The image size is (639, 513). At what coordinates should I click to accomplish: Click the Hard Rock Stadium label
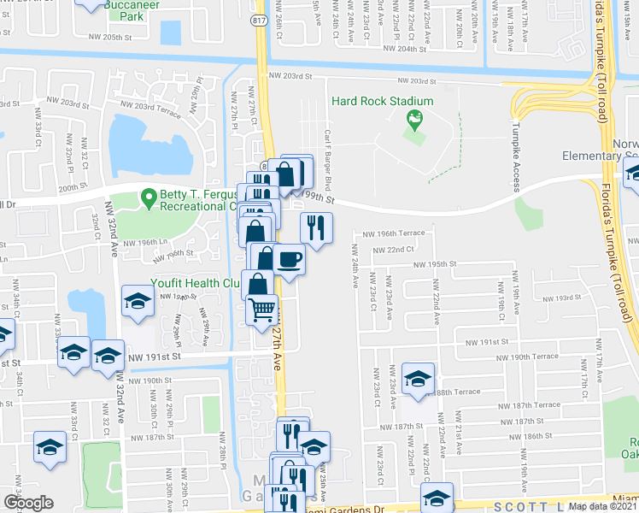click(383, 101)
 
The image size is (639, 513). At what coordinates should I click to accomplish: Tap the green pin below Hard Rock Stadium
click(415, 120)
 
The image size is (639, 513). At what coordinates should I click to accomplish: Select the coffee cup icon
click(290, 257)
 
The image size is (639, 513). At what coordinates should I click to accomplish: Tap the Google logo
click(27, 503)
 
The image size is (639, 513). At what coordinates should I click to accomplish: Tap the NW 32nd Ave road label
click(112, 248)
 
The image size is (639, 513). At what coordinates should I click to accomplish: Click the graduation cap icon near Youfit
click(137, 300)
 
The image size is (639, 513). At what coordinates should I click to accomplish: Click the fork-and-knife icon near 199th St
click(314, 227)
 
